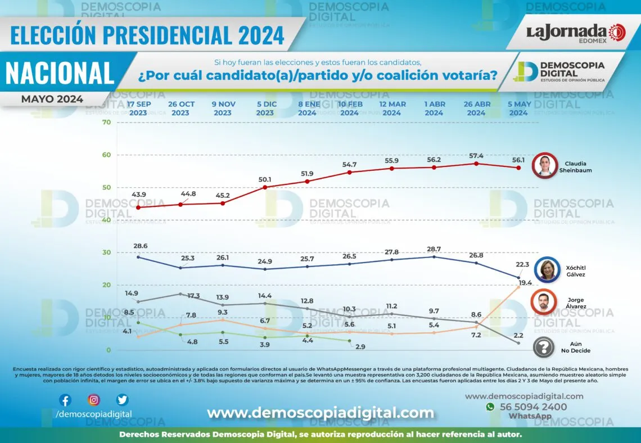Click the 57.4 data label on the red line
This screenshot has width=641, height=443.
pos(476,155)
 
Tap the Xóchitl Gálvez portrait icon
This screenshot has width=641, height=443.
pos(545,269)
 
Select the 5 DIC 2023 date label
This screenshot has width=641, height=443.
pos(265,109)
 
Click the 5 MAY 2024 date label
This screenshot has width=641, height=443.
pos(518,109)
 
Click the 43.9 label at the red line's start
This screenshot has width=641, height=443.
pos(138,195)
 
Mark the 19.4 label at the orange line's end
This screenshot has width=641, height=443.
pos(526,283)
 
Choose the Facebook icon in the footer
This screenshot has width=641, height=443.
pos(65,400)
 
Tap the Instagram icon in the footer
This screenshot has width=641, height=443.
pos(94,400)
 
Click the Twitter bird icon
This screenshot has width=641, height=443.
pos(122,400)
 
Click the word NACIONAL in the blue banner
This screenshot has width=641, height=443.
pos(60,73)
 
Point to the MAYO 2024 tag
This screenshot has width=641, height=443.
pos(52,100)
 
